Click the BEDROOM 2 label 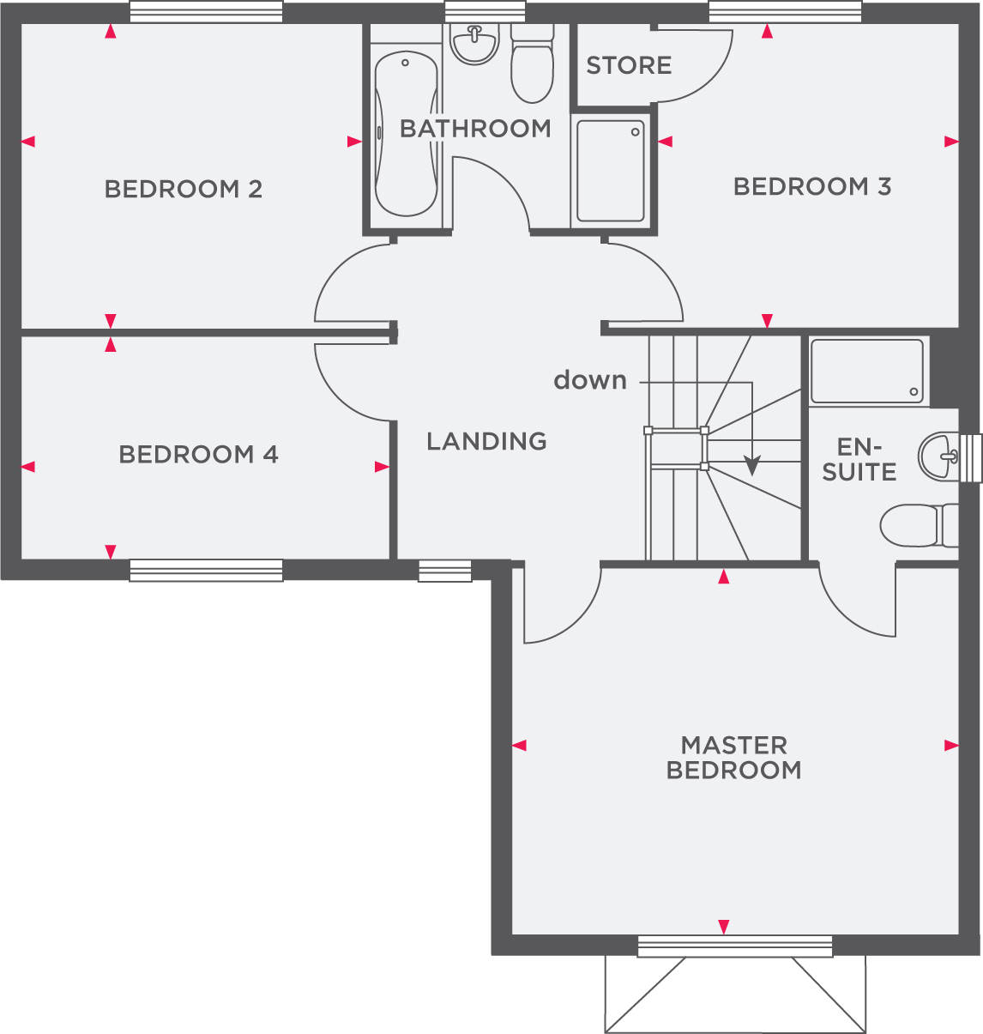[x=183, y=189]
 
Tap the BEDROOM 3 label [x=811, y=186]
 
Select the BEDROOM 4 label [x=198, y=454]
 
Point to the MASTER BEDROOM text [x=733, y=758]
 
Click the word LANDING [x=486, y=441]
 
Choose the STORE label [x=629, y=65]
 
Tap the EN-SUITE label [x=859, y=459]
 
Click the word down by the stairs [x=590, y=380]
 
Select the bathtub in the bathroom [x=406, y=133]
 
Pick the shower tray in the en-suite [x=866, y=371]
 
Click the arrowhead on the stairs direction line [x=751, y=466]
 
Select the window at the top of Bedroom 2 [x=206, y=11]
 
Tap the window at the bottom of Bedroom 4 [x=206, y=571]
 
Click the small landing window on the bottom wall [x=444, y=571]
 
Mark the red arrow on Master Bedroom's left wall [x=519, y=746]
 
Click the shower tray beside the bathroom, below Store [x=610, y=171]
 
